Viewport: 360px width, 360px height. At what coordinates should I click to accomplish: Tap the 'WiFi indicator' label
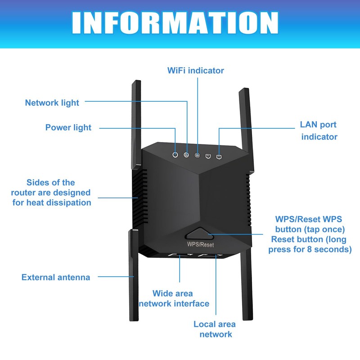pos(195,71)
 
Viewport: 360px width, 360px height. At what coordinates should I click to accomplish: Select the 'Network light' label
pos(52,103)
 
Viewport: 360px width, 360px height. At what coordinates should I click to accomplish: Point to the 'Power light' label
pos(68,127)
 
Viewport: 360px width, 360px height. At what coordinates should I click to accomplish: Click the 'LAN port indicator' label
pos(319,130)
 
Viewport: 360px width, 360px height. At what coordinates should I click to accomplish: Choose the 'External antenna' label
pos(56,277)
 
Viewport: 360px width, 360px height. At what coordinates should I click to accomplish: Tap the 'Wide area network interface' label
pos(174,298)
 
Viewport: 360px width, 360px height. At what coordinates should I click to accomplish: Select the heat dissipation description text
pos(51,193)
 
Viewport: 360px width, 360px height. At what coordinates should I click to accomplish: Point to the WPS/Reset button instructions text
pos(310,234)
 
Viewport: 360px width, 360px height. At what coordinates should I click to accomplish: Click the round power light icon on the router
pos(175,155)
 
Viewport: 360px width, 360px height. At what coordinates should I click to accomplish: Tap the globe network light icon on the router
pos(186,155)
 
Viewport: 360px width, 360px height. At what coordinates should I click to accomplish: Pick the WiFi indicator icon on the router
pos(197,156)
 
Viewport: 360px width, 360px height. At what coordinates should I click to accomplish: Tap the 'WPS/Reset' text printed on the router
pos(200,245)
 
